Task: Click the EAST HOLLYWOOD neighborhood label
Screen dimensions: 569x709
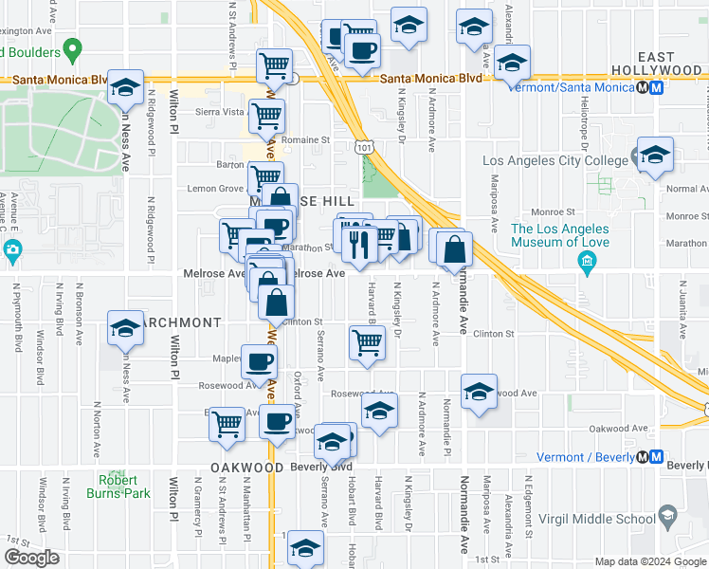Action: coord(656,64)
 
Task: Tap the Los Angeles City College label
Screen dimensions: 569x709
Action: coord(555,160)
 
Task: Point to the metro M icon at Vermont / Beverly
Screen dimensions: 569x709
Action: coord(652,457)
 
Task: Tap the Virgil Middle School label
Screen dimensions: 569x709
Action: coord(594,518)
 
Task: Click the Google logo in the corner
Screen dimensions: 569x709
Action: coord(31,557)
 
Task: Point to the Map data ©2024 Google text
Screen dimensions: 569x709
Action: coord(650,561)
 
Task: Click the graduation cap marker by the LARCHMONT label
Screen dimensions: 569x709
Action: coord(125,328)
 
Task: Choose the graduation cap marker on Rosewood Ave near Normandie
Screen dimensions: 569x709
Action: coord(480,391)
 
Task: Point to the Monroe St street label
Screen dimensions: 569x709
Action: coord(556,212)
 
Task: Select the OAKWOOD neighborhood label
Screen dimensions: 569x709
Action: coord(247,468)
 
